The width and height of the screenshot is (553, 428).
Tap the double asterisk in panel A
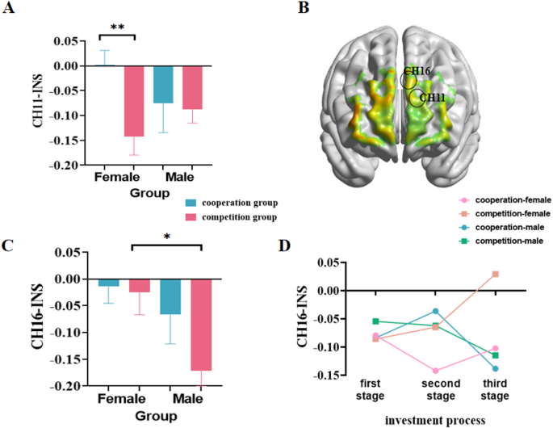click(117, 27)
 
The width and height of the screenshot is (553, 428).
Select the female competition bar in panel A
click(134, 101)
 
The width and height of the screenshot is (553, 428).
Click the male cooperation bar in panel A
click(164, 84)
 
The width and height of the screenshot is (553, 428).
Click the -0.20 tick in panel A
click(64, 166)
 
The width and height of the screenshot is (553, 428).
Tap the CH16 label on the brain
click(417, 72)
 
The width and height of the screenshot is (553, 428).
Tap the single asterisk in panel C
click(165, 237)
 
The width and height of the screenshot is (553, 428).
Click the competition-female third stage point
click(495, 275)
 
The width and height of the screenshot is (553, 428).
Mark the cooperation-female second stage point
click(434, 371)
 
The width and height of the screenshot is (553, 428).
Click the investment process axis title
click(434, 418)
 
